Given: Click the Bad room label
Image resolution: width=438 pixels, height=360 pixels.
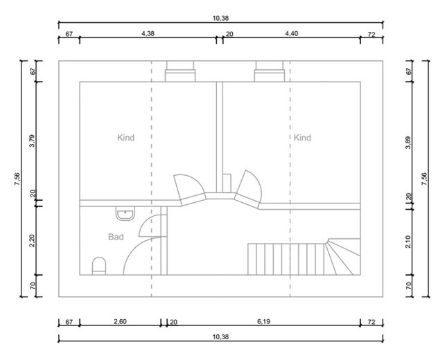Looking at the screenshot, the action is click(x=116, y=237).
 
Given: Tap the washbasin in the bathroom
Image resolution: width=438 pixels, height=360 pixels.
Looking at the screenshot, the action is click(x=125, y=213).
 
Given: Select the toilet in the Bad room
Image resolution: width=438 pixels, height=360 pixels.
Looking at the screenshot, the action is click(x=99, y=266).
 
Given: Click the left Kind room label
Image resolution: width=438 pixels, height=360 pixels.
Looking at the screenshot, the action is click(x=125, y=138).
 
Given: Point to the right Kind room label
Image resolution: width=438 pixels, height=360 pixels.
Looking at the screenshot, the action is click(x=302, y=138).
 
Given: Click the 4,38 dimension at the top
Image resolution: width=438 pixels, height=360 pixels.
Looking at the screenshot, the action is click(x=148, y=33).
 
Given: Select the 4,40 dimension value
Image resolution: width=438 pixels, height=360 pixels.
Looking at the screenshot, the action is click(x=291, y=33).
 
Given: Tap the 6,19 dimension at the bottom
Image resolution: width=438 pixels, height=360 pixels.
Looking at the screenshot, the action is click(x=263, y=321).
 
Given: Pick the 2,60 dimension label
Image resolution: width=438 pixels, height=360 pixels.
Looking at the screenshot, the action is click(x=120, y=321).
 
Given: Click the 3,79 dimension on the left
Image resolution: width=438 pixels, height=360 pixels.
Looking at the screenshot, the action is click(x=33, y=141).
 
